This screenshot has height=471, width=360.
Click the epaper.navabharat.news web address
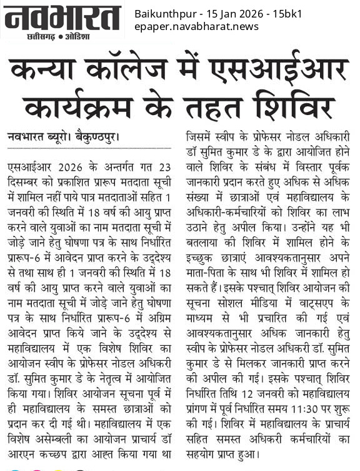tap(196, 27)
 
